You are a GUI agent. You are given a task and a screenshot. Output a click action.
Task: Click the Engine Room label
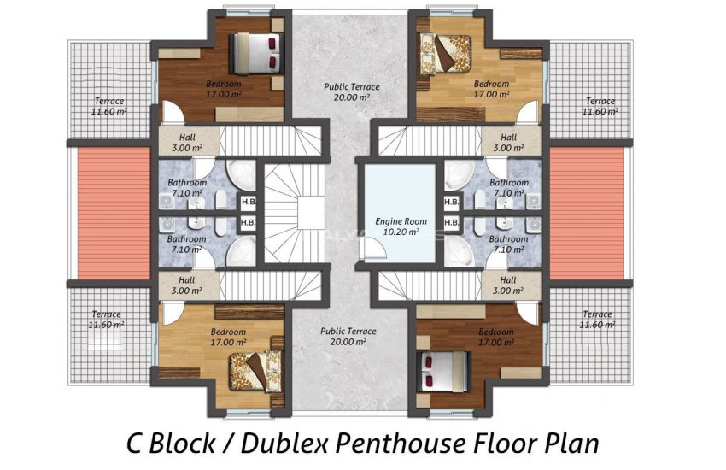click(x=401, y=221)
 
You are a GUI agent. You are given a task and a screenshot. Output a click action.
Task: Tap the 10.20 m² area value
click(x=401, y=232)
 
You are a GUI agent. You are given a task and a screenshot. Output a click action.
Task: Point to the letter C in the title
click(x=134, y=444)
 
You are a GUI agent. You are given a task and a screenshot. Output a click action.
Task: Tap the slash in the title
click(x=228, y=444)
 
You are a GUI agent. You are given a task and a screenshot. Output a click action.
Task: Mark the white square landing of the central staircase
click(x=311, y=212)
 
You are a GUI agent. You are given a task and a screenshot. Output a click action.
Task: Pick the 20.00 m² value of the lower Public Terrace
click(x=348, y=342)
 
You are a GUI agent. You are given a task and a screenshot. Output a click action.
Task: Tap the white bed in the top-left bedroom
click(x=256, y=53)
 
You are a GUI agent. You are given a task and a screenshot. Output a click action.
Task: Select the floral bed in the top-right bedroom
click(x=445, y=54)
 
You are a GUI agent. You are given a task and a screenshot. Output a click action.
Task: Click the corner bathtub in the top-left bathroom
click(x=241, y=175)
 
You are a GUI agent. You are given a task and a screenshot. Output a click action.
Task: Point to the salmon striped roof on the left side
click(x=114, y=214)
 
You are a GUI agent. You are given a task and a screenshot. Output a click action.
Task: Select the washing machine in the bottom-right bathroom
click(x=534, y=226)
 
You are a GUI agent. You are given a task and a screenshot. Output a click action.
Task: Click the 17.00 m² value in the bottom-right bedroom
click(x=496, y=342)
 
